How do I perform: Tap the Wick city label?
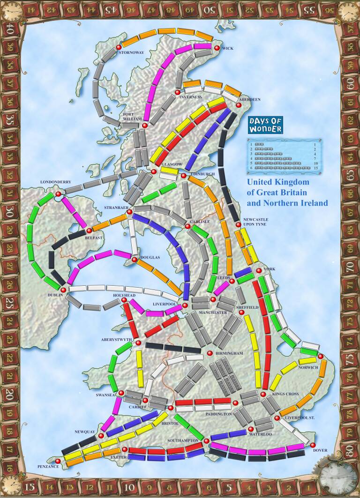point(227,48)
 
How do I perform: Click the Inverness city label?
point(190,97)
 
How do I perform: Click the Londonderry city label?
point(55,182)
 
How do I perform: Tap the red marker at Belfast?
point(88,230)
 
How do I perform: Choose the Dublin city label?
point(55,295)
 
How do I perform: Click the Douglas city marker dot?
point(135,259)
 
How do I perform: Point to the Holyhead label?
point(124,295)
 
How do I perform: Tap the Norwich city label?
point(308,367)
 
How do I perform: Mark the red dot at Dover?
point(313,445)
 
